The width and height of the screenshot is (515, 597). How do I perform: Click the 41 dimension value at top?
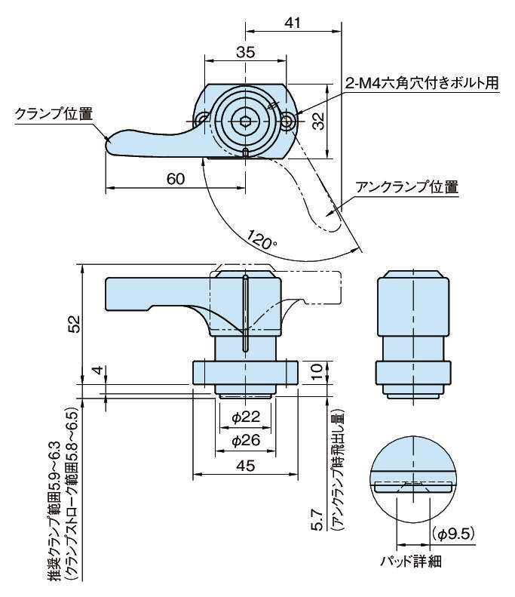pyautogui.click(x=293, y=22)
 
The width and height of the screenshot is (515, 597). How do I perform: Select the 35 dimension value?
pyautogui.click(x=244, y=52)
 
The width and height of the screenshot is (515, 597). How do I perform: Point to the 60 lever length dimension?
pyautogui.click(x=174, y=179)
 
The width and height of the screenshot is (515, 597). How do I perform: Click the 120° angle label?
pyautogui.click(x=262, y=240)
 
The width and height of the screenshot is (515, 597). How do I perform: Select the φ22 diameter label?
pyautogui.click(x=244, y=417)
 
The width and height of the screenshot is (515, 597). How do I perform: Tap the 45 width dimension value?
pyautogui.click(x=244, y=466)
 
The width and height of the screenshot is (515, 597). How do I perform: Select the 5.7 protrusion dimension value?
pyautogui.click(x=317, y=521)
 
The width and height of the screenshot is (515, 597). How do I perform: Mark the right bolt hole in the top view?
pyautogui.click(x=288, y=121)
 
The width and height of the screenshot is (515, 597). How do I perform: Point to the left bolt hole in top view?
pyautogui.click(x=202, y=120)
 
